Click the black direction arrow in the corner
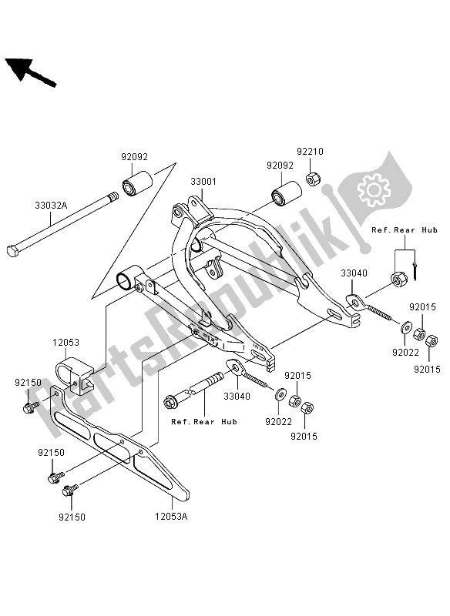[x=31, y=71]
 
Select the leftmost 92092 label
[x=133, y=156]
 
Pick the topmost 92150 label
[x=27, y=381]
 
